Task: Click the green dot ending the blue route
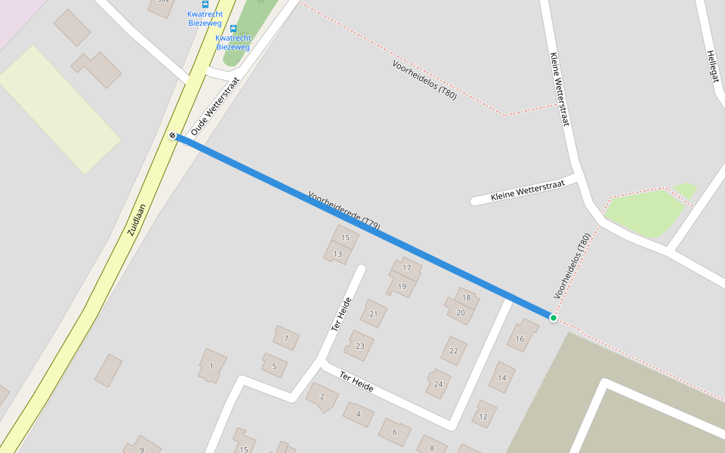[554, 318]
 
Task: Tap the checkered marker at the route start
[173, 136]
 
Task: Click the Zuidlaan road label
[136, 220]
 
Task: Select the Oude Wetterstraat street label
[215, 106]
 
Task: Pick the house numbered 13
[338, 254]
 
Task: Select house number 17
[406, 268]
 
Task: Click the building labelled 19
[402, 286]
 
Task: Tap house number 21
[373, 313]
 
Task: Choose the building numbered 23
[359, 346]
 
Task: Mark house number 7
[286, 338]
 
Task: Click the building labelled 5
[274, 366]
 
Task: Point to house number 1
[211, 366]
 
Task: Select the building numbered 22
[453, 350]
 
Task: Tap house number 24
[438, 384]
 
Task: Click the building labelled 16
[520, 339]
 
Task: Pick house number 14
[501, 377]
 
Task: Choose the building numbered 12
[483, 414]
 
